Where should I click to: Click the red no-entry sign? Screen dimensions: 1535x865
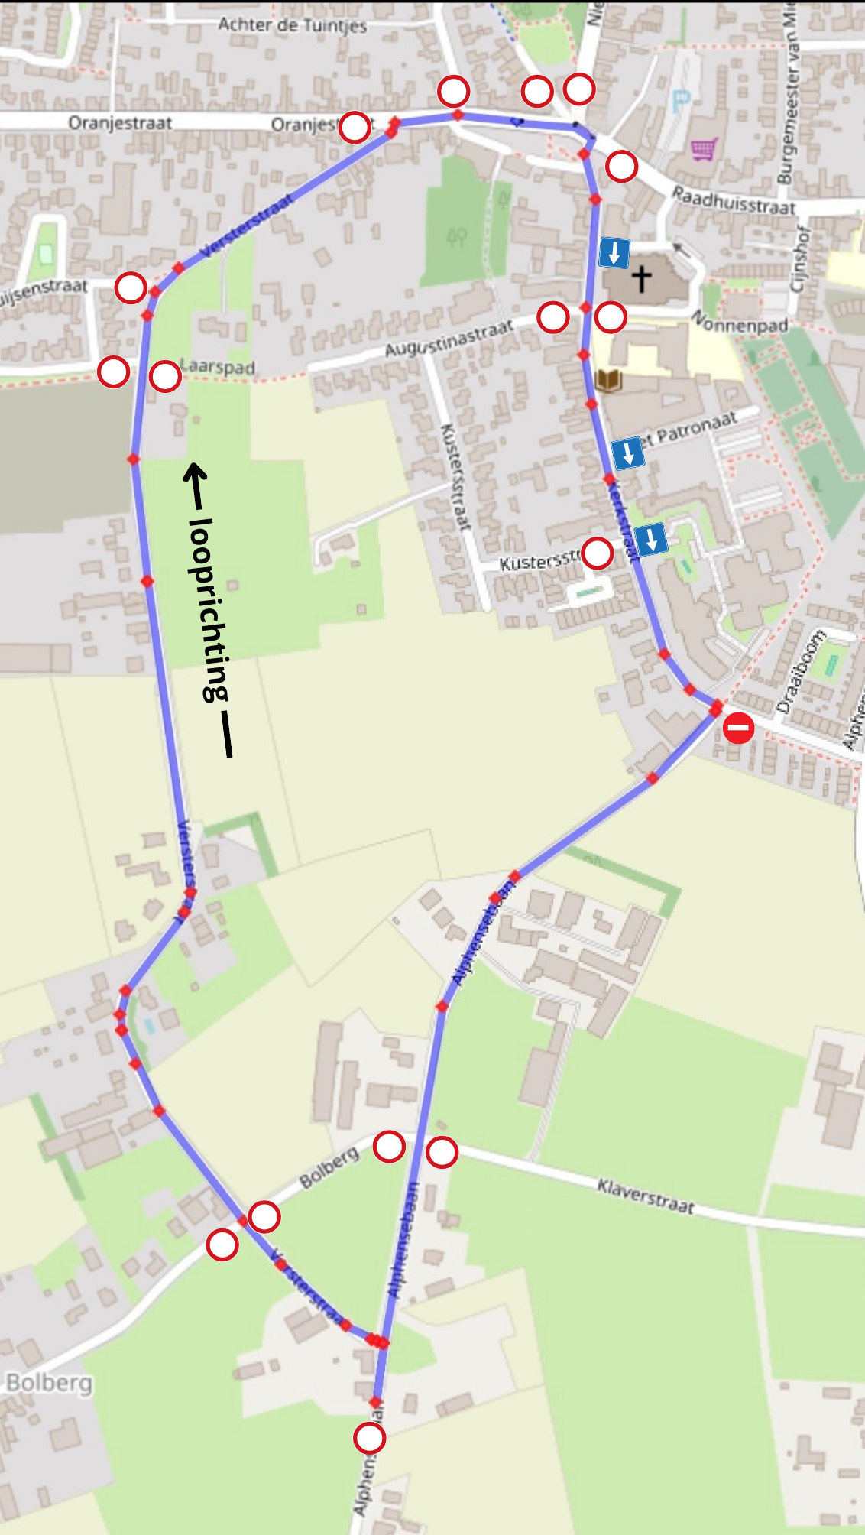tap(738, 728)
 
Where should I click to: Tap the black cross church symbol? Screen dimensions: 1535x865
tap(642, 278)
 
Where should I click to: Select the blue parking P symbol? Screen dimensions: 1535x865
tap(681, 101)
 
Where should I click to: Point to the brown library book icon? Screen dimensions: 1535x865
tap(608, 380)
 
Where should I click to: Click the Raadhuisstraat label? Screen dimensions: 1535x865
tap(733, 201)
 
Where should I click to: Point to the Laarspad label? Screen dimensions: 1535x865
tap(219, 366)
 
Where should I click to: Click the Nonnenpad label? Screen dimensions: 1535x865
tap(739, 322)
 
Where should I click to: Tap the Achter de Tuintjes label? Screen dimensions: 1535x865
tap(292, 25)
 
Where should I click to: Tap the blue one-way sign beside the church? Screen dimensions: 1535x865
tap(614, 253)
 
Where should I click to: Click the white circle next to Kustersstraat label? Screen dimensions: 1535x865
tap(597, 553)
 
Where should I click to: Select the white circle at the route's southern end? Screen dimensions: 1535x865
tap(369, 1438)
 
